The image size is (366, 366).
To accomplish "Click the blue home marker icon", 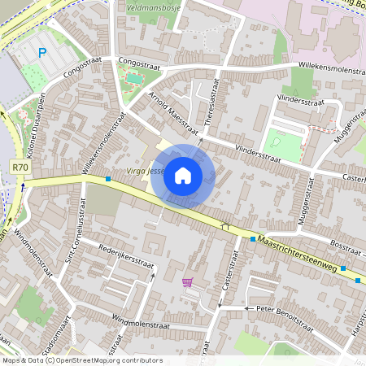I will pyautogui.click(x=183, y=176).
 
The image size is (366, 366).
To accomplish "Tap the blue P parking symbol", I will pyautogui.click(x=42, y=53).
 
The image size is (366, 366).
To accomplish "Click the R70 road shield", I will pyautogui.click(x=21, y=167).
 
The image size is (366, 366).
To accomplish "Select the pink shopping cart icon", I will pyautogui.click(x=188, y=282).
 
